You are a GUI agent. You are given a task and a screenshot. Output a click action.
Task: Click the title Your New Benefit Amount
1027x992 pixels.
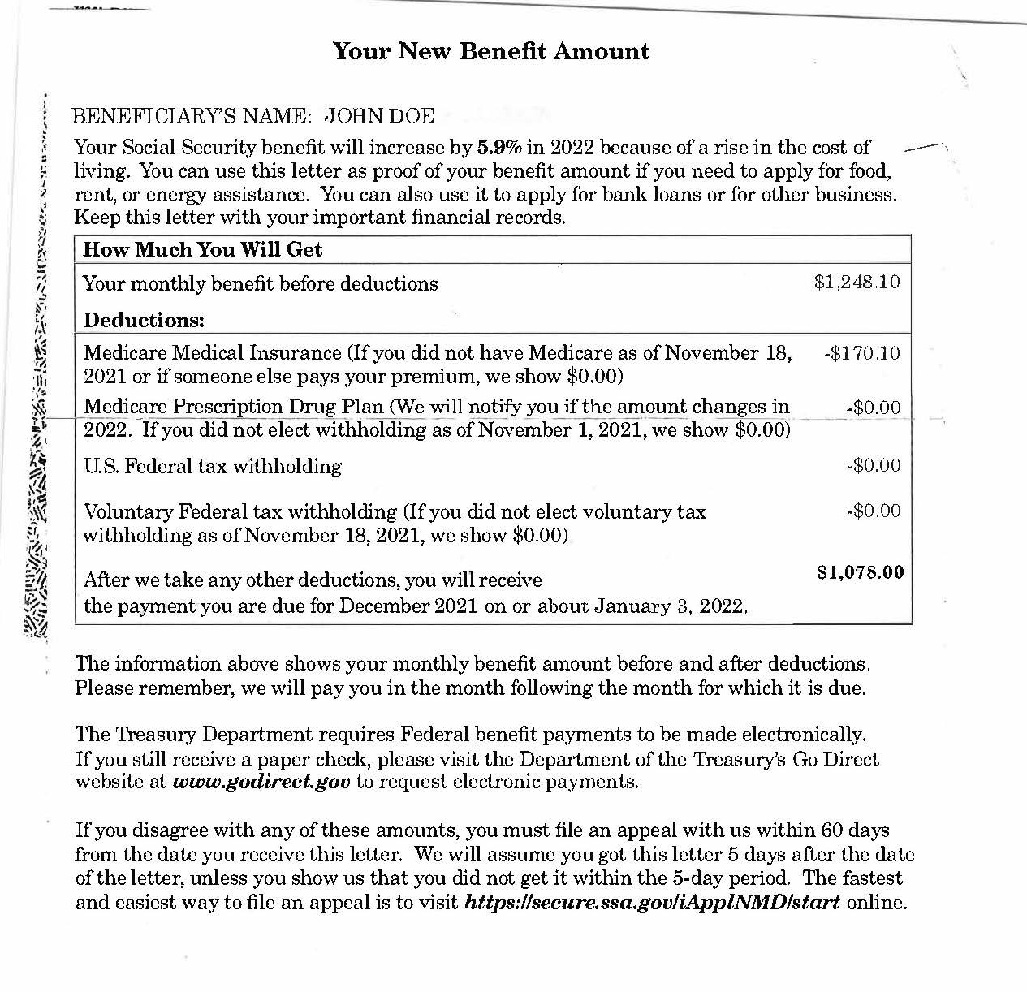(x=491, y=51)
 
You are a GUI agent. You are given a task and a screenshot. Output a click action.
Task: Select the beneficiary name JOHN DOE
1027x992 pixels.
(x=379, y=116)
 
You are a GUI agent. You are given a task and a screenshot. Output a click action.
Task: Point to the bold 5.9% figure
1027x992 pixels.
(x=498, y=148)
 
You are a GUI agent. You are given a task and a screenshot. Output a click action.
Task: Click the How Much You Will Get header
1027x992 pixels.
(x=202, y=249)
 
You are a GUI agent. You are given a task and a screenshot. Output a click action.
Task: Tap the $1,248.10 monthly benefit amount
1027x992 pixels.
(x=857, y=282)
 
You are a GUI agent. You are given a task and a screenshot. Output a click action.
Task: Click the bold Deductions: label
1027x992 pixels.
(x=144, y=320)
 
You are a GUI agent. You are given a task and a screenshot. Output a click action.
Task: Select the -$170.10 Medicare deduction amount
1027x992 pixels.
(x=861, y=353)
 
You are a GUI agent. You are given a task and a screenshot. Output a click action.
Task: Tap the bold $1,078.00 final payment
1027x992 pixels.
(x=860, y=572)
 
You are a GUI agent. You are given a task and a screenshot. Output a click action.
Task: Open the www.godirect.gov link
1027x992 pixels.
(x=261, y=782)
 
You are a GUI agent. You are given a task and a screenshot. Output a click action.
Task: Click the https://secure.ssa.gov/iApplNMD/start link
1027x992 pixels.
(x=651, y=903)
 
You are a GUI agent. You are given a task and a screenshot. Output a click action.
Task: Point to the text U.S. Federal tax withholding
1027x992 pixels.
(x=213, y=466)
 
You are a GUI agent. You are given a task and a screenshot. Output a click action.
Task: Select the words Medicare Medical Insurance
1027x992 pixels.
(x=213, y=353)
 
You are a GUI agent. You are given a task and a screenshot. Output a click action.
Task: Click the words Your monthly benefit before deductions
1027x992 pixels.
(x=261, y=283)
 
